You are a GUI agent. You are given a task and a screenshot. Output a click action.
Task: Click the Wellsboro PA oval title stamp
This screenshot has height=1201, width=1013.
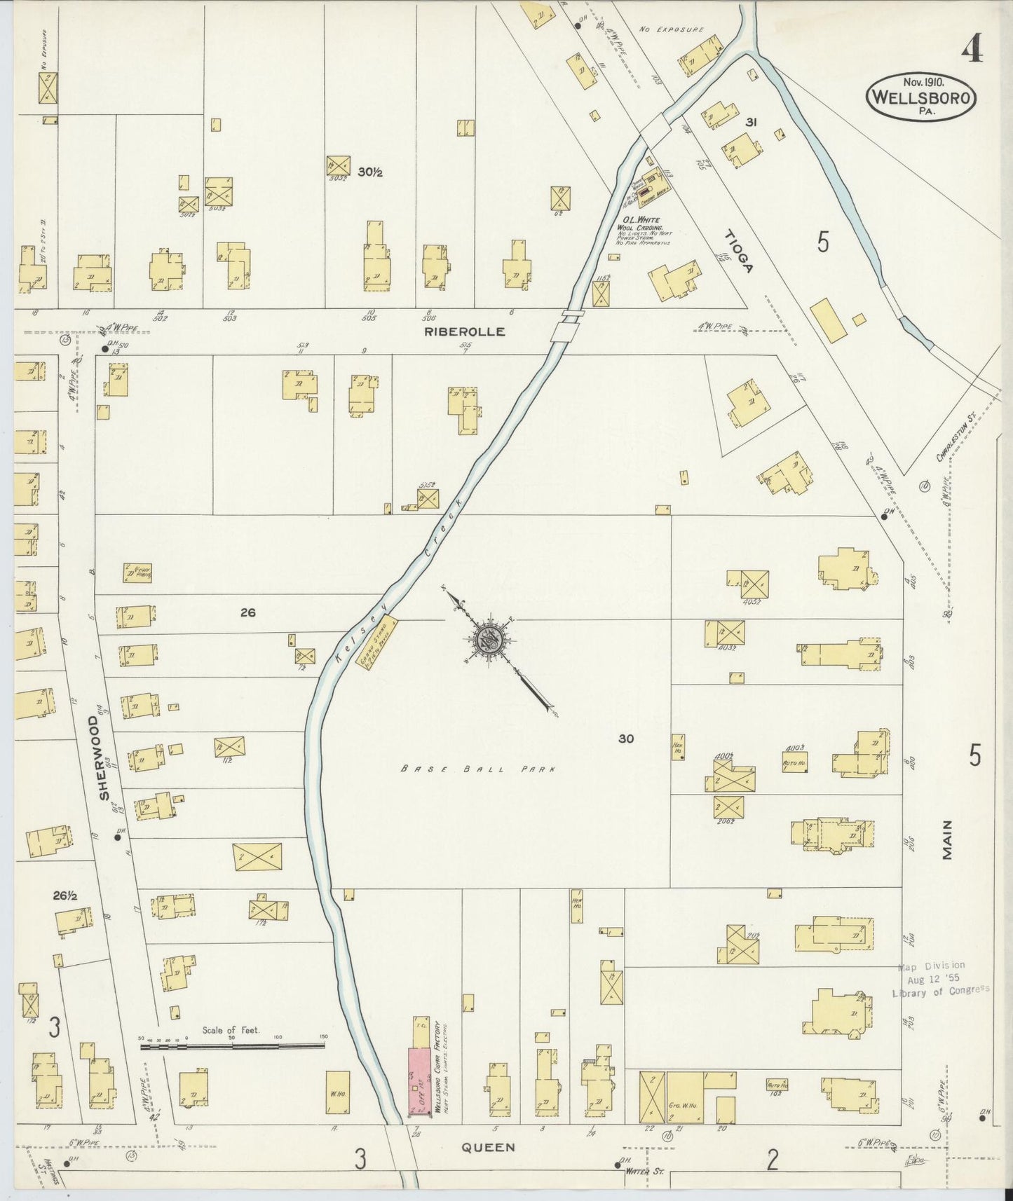click(x=921, y=97)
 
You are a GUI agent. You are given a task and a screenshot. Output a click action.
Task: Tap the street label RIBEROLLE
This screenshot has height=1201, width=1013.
click(x=464, y=332)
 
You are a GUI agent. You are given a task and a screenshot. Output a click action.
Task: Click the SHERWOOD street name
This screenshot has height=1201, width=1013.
click(x=104, y=757)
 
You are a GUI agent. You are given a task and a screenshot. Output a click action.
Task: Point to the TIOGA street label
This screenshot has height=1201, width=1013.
click(x=739, y=252)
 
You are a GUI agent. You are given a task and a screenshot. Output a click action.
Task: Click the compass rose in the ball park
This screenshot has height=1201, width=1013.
click(x=487, y=639)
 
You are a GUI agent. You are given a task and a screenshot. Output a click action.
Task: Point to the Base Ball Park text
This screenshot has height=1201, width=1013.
click(x=478, y=769)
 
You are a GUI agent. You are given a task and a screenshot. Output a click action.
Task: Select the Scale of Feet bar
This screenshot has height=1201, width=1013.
click(x=232, y=1047)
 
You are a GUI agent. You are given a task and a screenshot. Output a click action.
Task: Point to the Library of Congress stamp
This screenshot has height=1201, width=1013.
click(x=940, y=979)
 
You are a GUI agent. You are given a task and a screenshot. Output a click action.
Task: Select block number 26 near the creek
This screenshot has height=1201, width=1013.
click(x=247, y=612)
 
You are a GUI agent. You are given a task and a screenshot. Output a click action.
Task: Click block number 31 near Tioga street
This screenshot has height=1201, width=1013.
click(x=751, y=122)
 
